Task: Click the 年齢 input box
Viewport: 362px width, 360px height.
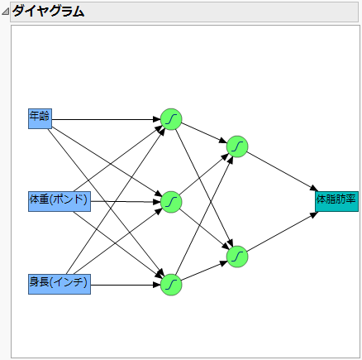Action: point(40,118)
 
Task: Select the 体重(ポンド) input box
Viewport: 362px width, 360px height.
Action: point(59,200)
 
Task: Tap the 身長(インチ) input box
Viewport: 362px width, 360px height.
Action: point(59,284)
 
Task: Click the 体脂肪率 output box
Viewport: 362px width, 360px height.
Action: point(336,200)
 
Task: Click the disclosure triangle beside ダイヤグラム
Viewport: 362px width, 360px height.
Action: point(6,12)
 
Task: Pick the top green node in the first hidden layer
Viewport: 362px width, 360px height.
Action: point(171,119)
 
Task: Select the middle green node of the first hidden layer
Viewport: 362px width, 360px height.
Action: point(171,201)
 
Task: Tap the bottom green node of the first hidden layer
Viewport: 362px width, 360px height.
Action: point(171,284)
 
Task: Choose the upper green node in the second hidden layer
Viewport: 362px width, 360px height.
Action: point(237,146)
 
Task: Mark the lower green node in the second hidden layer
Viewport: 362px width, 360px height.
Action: point(237,257)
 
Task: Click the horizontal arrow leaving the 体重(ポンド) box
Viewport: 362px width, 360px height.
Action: point(124,201)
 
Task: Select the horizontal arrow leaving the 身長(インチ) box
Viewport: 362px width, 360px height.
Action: point(124,284)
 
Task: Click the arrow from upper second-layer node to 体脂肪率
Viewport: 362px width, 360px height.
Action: point(281,172)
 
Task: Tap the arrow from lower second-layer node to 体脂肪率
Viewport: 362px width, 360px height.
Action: point(281,233)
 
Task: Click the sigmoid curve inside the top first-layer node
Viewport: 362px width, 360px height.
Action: point(171,119)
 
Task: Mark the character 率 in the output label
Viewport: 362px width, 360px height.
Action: point(351,199)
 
